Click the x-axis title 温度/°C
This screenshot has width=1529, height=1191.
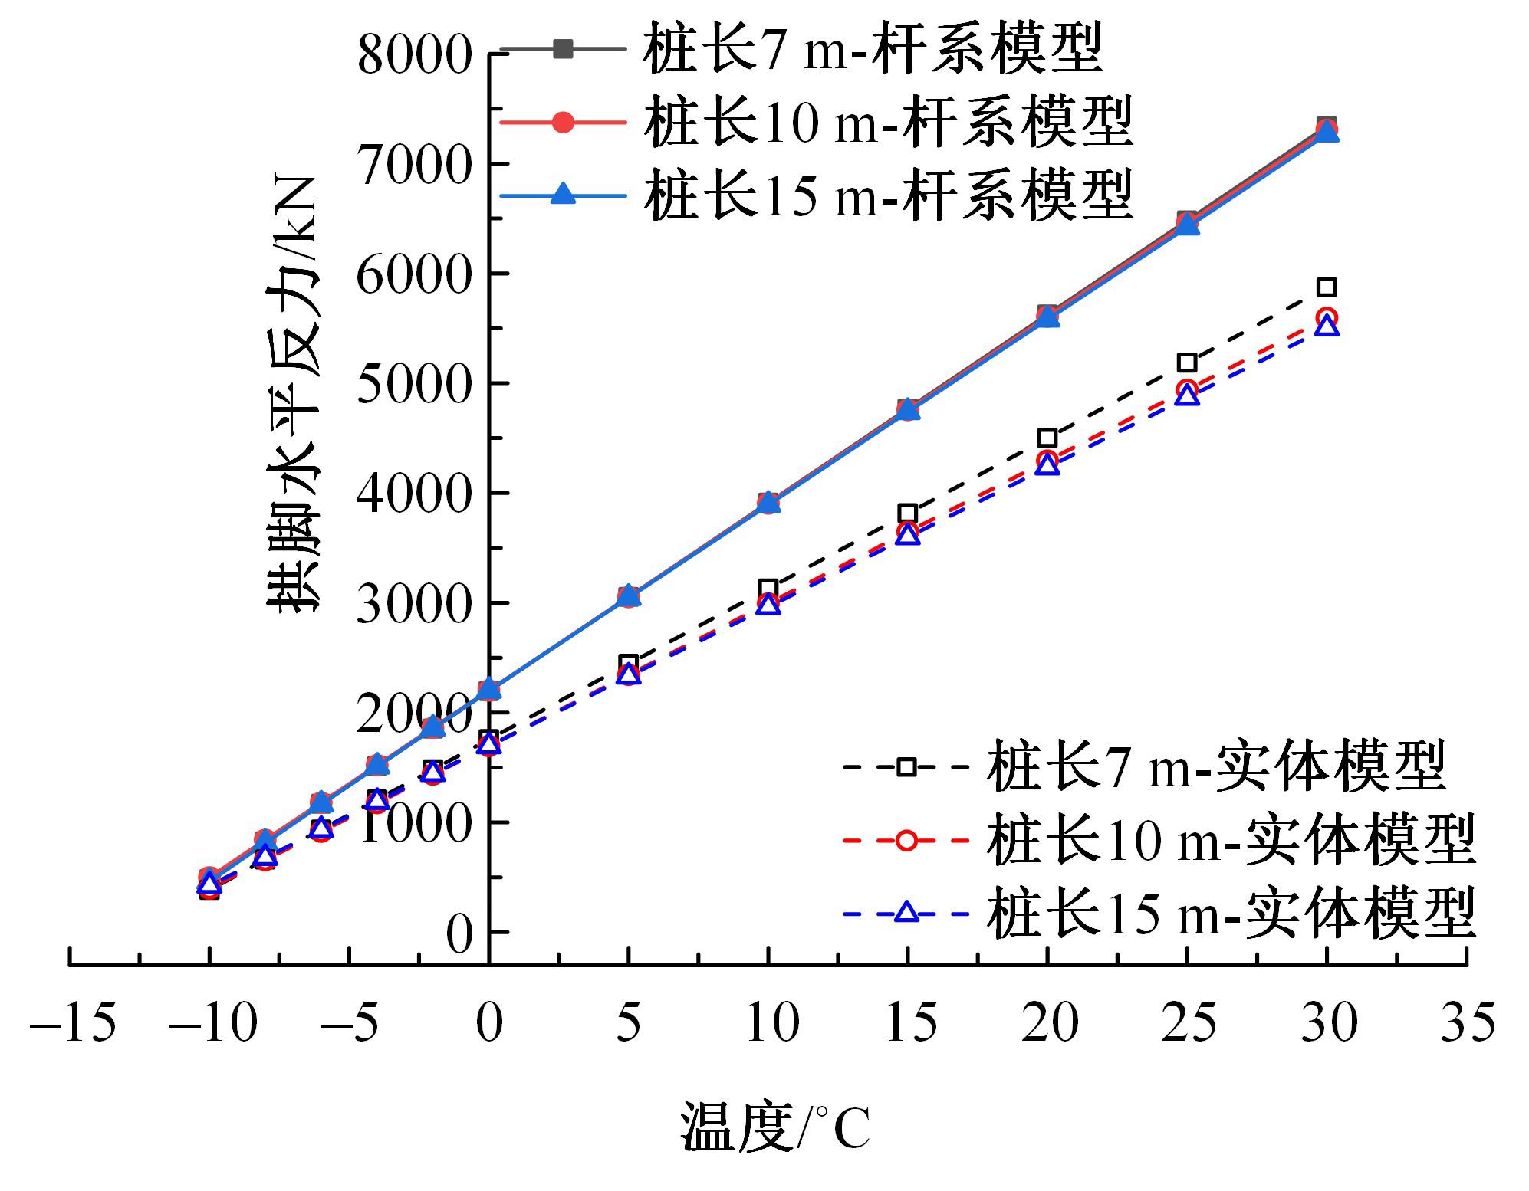tap(774, 1127)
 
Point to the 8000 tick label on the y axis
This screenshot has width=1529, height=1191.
tap(413, 55)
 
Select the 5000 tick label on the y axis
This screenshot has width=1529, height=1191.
tap(413, 384)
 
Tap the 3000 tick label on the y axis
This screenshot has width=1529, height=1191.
tap(413, 604)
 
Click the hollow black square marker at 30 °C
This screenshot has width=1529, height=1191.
tap(1327, 287)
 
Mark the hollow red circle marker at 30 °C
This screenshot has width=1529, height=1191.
tap(1327, 317)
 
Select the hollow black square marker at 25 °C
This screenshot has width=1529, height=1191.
tap(1187, 363)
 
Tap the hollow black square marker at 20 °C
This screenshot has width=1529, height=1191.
tap(1047, 438)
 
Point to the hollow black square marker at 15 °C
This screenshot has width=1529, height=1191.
tap(908, 513)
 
